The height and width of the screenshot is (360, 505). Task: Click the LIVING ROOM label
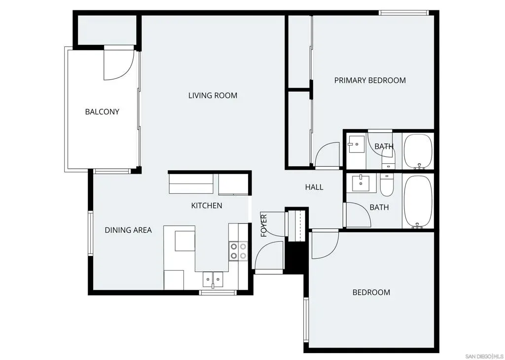tap(213, 95)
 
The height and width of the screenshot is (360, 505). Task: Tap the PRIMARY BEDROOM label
tap(370, 80)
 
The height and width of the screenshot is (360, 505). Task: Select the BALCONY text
tap(102, 112)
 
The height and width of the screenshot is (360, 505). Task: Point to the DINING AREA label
tap(128, 230)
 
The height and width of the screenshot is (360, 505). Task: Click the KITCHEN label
tap(207, 206)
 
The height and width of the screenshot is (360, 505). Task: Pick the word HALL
tap(314, 187)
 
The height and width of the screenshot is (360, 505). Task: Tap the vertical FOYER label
tap(264, 225)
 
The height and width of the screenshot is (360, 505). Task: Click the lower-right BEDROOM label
tap(371, 292)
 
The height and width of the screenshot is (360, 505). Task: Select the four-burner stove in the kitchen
tap(238, 251)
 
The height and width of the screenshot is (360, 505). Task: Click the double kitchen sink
tap(213, 279)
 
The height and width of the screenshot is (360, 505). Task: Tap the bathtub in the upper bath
tap(418, 151)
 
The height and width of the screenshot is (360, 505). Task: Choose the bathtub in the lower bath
tap(418, 202)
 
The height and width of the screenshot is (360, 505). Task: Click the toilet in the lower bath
tap(387, 185)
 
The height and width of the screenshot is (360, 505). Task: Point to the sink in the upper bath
tap(356, 144)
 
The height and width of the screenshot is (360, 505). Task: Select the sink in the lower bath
tap(361, 183)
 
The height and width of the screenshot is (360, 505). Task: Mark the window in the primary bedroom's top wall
tap(403, 13)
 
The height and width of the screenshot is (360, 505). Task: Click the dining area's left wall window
tap(91, 233)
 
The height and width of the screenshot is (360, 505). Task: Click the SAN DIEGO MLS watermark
tap(484, 356)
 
